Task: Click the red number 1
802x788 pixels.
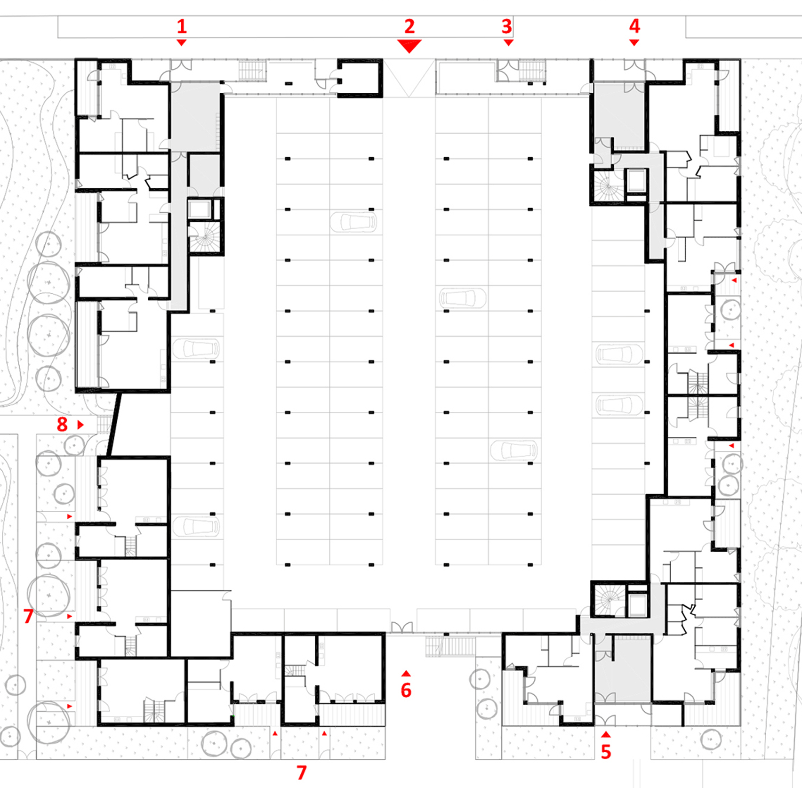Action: (x=182, y=26)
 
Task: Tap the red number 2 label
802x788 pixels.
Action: (x=409, y=26)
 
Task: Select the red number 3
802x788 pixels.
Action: (x=506, y=26)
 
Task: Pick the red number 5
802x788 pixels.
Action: (x=606, y=752)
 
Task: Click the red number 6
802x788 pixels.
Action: (x=406, y=690)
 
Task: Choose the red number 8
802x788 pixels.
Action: (x=62, y=424)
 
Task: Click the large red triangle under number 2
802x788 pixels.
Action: (x=409, y=46)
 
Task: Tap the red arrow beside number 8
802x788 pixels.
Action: (x=80, y=425)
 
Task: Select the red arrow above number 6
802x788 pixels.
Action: (x=406, y=674)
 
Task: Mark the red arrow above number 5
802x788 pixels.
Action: (x=606, y=734)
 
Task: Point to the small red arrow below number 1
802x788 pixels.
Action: (x=182, y=42)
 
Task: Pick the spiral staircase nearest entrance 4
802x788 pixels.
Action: (x=608, y=186)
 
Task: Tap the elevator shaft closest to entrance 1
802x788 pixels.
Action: (x=200, y=209)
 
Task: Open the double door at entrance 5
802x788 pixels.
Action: (x=605, y=720)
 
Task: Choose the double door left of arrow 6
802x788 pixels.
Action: (x=402, y=627)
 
